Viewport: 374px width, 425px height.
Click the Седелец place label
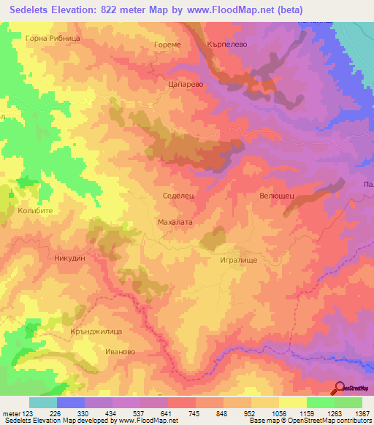176,197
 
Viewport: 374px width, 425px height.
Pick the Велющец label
277,196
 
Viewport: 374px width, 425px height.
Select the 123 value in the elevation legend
29,413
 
